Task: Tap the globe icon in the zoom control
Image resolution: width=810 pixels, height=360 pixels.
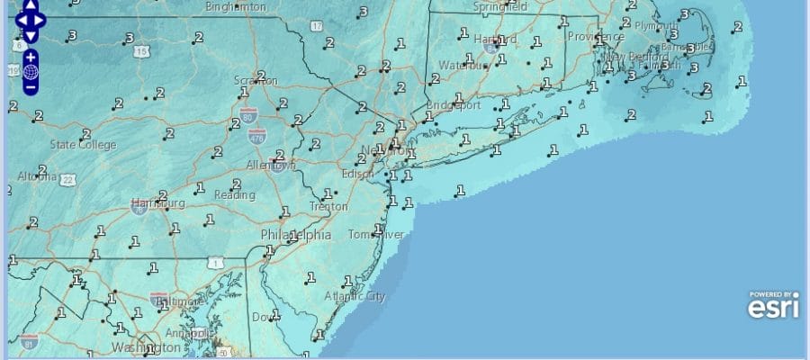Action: [31, 72]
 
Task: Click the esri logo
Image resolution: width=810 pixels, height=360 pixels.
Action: [773, 307]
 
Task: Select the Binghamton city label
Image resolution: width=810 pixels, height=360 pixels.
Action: [236, 6]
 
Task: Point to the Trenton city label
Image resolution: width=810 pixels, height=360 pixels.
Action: [328, 206]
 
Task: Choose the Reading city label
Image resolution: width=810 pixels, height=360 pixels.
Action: [234, 194]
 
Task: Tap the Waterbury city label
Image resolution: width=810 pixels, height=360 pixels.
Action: [462, 65]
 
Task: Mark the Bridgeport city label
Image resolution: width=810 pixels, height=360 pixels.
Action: [454, 103]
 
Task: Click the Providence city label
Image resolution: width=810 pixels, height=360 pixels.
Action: [595, 37]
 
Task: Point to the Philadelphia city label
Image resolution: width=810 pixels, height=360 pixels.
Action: [296, 234]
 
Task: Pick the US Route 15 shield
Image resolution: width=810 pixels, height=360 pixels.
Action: [141, 53]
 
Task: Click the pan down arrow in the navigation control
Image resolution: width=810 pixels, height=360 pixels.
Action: [31, 35]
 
